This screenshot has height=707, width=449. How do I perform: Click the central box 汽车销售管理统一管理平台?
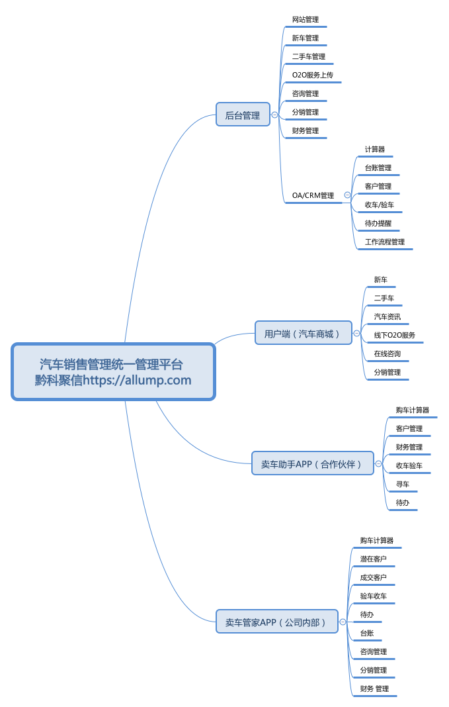click(x=114, y=372)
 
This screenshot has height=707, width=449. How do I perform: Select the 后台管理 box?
click(x=243, y=115)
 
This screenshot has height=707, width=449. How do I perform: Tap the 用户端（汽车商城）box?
click(x=304, y=333)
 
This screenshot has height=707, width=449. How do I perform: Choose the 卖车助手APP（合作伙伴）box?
click(x=313, y=463)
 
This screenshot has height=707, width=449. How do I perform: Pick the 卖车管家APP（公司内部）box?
click(x=277, y=622)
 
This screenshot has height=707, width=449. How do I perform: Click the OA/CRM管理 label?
click(x=313, y=195)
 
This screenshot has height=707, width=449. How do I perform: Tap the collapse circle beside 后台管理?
click(x=274, y=115)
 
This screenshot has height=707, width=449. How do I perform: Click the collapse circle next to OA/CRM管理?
click(x=347, y=195)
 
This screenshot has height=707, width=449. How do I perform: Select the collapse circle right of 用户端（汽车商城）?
click(x=356, y=333)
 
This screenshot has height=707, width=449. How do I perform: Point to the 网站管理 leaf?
click(x=306, y=19)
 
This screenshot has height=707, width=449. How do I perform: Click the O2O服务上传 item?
click(x=313, y=75)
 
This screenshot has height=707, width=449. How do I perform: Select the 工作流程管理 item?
click(x=385, y=242)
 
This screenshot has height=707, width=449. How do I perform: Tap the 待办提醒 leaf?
click(x=378, y=223)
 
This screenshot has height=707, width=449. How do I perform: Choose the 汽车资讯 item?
click(x=388, y=316)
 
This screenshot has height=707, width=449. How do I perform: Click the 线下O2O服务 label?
click(x=395, y=335)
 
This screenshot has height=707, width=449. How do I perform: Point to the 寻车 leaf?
click(x=403, y=484)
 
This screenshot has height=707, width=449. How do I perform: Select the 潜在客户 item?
click(x=374, y=559)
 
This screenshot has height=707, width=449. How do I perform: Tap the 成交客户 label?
click(x=374, y=577)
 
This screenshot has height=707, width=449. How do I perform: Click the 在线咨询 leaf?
click(x=388, y=353)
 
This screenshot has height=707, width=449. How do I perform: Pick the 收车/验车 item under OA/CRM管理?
click(x=379, y=205)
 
